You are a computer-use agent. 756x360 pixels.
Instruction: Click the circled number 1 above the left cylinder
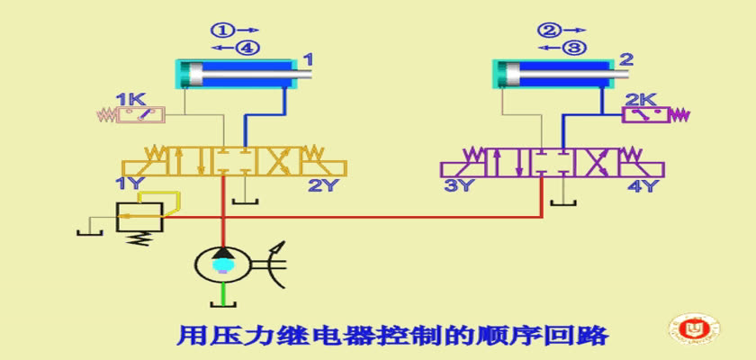tap(221, 31)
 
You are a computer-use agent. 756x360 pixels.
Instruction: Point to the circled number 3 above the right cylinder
tap(575, 47)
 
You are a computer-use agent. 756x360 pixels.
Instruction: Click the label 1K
tap(130, 100)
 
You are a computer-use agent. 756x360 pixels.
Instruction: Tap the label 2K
tap(640, 100)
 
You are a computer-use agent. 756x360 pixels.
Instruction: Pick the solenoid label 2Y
tap(321, 185)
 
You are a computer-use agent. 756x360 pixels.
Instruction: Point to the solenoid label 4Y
tap(641, 185)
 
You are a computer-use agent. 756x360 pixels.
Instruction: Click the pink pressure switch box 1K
tap(140, 114)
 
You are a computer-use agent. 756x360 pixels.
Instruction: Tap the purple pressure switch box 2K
tap(646, 115)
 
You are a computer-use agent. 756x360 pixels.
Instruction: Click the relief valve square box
tap(139, 217)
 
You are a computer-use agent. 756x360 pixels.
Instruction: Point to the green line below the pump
tap(222, 293)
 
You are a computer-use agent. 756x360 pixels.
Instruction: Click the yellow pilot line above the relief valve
tap(159, 193)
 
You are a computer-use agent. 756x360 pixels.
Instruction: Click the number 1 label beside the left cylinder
tap(308, 60)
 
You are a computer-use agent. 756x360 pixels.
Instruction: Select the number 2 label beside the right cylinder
tap(625, 60)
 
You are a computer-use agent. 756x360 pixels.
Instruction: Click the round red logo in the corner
tap(694, 328)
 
